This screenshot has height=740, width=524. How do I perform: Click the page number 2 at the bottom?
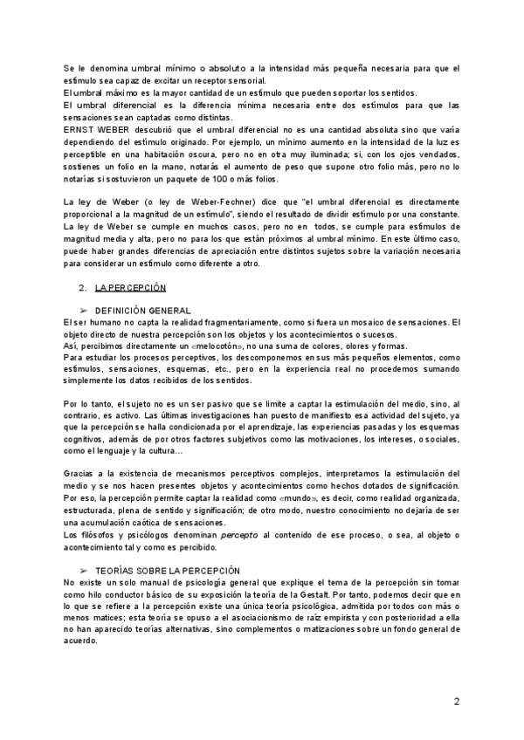tap(456, 702)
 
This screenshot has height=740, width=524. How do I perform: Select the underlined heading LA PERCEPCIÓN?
tap(130, 288)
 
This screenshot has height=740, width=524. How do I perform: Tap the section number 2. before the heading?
tap(82, 288)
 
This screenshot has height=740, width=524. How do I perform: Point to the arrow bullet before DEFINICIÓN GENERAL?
tap(83, 310)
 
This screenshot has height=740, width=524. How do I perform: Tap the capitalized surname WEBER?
tap(114, 129)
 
